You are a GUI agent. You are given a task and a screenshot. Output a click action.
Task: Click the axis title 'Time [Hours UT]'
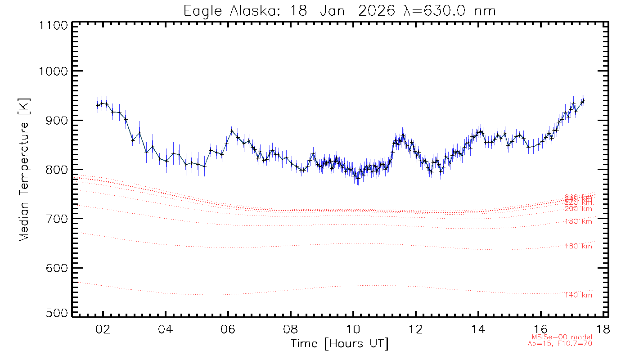339,344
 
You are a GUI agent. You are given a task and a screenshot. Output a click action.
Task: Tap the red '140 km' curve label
578,295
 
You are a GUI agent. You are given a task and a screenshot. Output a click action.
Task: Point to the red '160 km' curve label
578,246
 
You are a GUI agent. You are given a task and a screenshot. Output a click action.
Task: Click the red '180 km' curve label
578,221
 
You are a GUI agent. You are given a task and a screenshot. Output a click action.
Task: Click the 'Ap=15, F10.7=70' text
560,344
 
